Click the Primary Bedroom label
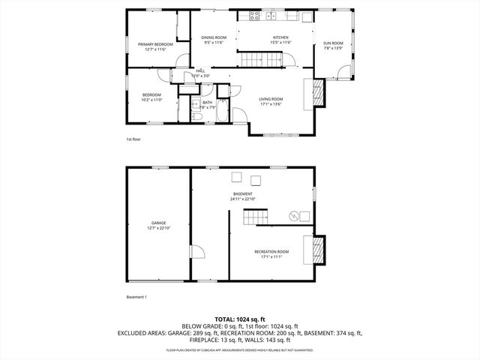(155, 46)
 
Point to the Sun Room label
(332, 46)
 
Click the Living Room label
(271, 101)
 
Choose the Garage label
(158, 225)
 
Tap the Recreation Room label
(271, 253)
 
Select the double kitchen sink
(271, 16)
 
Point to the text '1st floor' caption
(133, 139)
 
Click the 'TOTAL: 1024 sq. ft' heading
(239, 319)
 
